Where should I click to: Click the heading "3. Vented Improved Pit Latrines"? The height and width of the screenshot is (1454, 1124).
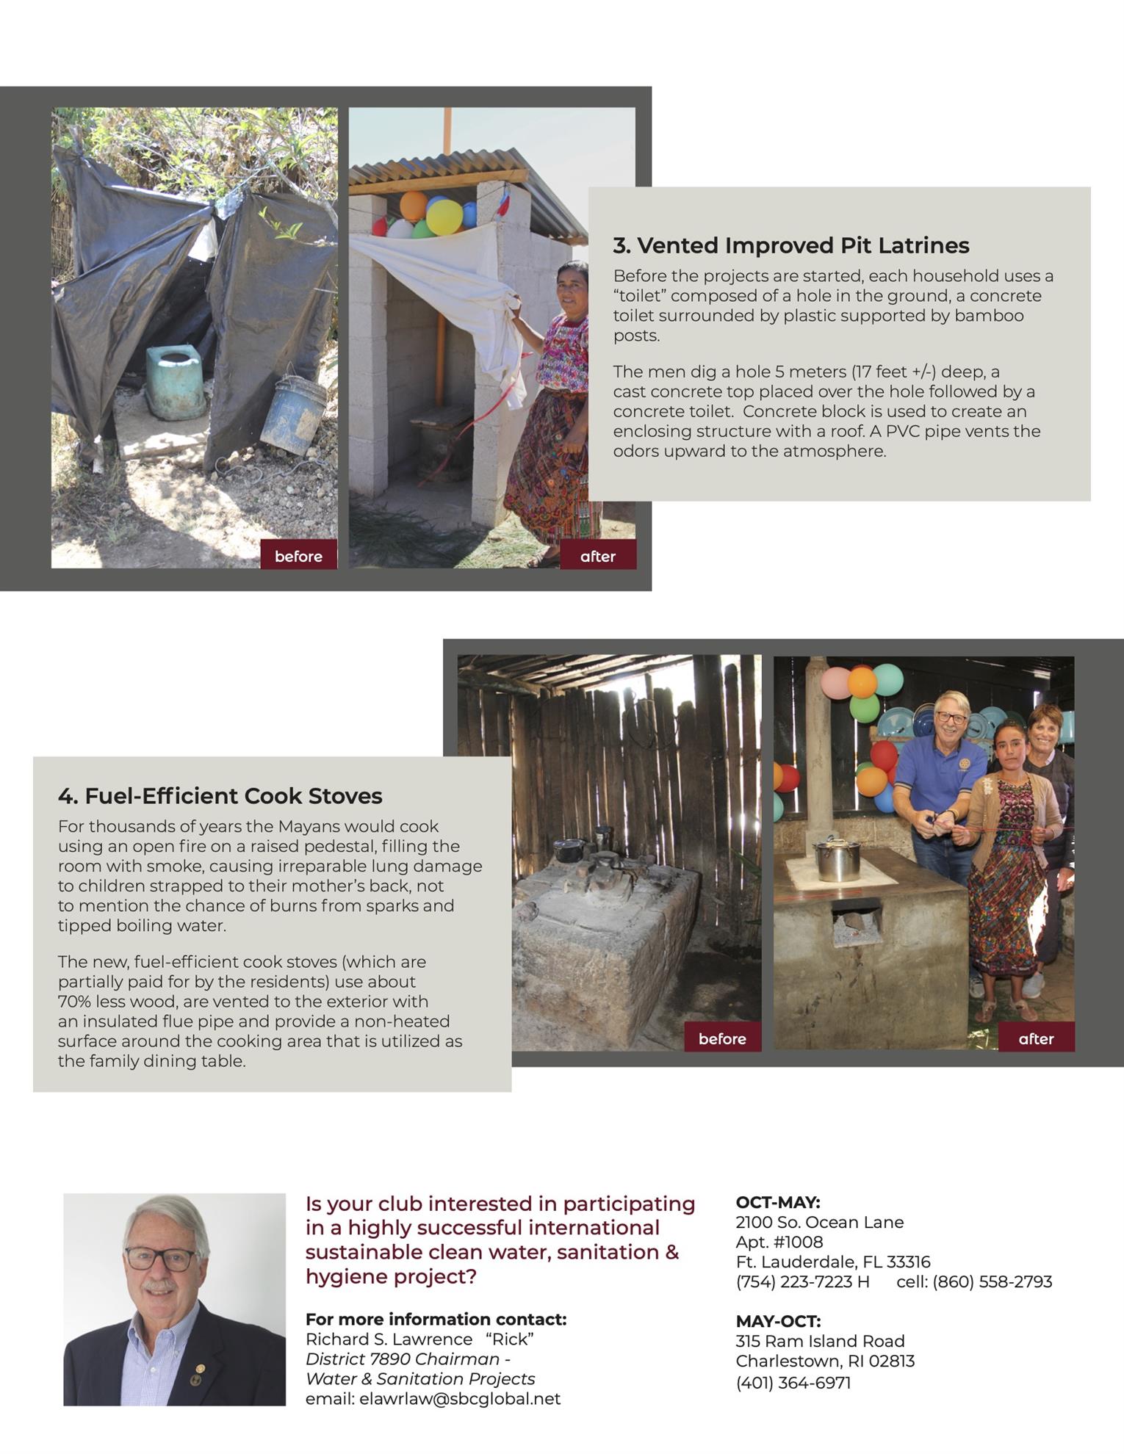click(790, 245)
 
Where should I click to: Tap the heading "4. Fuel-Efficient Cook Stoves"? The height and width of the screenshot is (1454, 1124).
click(220, 796)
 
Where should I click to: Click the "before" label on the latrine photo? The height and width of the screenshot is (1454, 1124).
click(298, 556)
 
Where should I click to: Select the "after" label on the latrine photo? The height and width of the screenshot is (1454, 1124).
click(597, 556)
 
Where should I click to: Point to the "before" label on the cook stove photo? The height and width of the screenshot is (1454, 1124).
click(722, 1038)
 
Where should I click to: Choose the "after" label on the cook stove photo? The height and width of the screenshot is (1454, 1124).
click(1036, 1038)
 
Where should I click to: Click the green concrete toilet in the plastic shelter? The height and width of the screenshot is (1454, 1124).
click(175, 380)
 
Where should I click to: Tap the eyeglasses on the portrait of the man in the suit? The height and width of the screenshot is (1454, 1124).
click(160, 1259)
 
